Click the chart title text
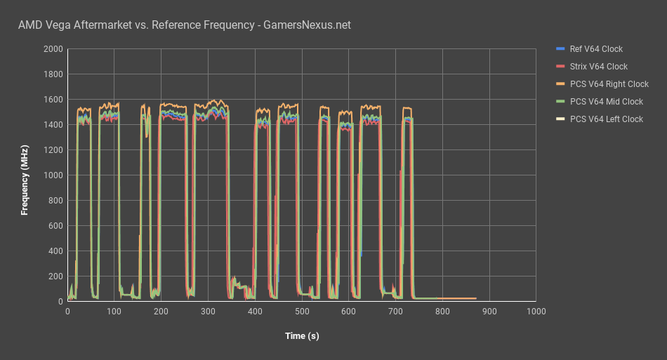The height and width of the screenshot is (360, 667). (184, 25)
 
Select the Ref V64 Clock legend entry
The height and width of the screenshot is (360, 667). (596, 49)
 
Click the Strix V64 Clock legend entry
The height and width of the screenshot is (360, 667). (598, 67)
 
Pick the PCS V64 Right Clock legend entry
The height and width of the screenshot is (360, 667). (609, 84)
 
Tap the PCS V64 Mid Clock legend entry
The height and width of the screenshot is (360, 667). (606, 102)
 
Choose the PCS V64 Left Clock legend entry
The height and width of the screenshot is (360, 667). (606, 119)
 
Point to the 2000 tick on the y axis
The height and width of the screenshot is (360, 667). (53, 49)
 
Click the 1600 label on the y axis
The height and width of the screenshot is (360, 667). (53, 100)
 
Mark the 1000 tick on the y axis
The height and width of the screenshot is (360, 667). (53, 175)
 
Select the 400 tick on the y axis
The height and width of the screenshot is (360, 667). (55, 251)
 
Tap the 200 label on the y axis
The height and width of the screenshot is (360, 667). (55, 276)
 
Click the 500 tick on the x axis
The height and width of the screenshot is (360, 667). (302, 311)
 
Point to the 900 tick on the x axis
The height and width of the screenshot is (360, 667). (489, 311)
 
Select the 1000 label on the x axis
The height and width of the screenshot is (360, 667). (536, 311)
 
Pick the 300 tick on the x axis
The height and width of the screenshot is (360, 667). (208, 311)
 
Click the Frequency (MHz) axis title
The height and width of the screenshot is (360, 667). (25, 180)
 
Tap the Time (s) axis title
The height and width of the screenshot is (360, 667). (302, 336)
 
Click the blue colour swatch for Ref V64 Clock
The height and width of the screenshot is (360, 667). (560, 49)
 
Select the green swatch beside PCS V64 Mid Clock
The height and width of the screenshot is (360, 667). (560, 102)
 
